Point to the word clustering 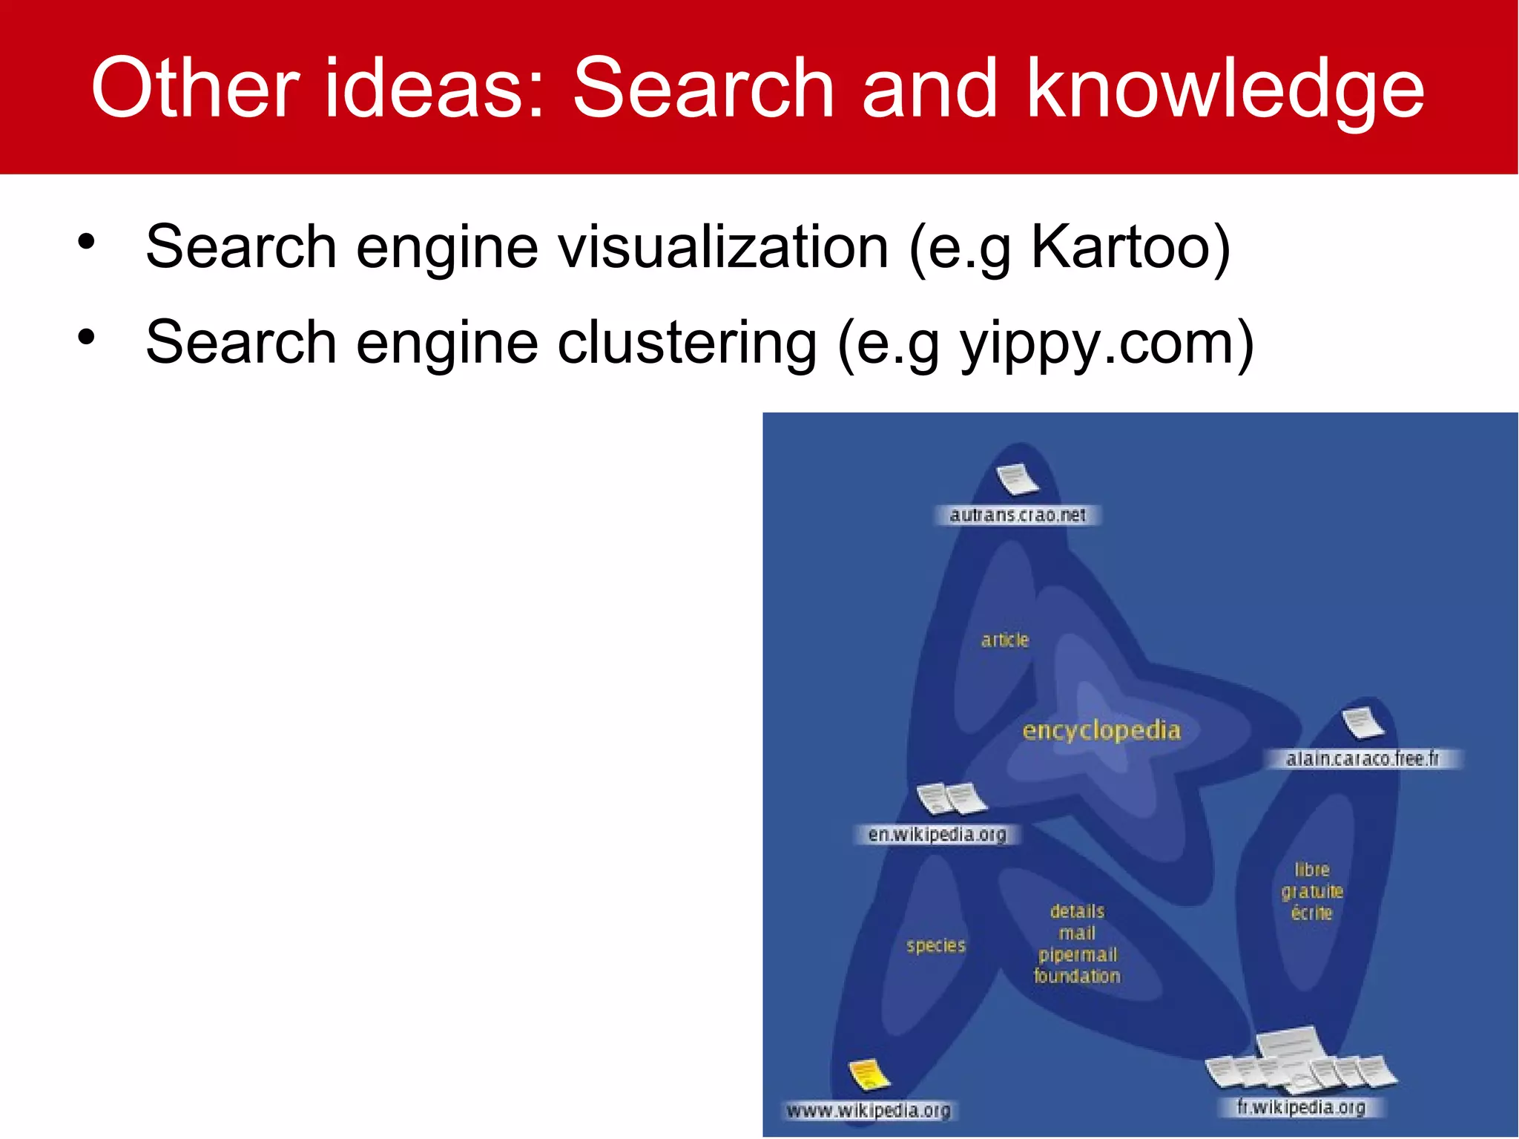687,343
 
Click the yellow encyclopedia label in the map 1101,730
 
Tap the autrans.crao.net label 1018,515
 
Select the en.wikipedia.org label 938,835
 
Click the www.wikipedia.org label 869,1111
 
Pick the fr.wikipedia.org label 1301,1107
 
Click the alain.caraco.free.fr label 1363,759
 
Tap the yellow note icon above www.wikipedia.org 869,1074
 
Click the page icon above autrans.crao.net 1018,479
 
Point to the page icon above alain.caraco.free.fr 1363,723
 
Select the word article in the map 1005,640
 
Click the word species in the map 936,945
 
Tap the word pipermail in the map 1078,954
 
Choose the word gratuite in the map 1312,891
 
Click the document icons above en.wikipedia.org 952,799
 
